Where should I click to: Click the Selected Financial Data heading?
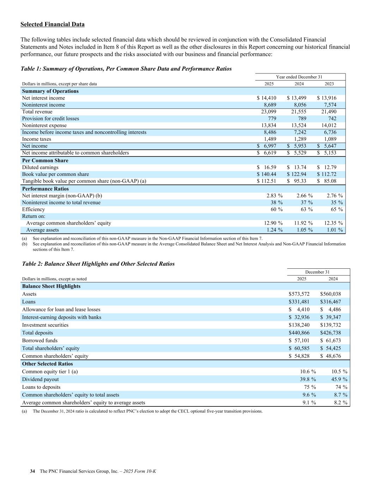coord(52,24)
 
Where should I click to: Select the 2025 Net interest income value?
coord(267,98)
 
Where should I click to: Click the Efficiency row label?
coord(33,209)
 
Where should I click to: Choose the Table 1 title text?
coord(126,69)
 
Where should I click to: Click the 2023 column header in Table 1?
coord(329,84)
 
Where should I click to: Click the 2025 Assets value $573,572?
coord(299,294)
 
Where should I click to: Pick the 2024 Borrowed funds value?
coord(331,341)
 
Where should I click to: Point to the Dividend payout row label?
coord(40,380)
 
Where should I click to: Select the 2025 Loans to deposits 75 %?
coord(307,387)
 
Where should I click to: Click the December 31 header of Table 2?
coord(317,272)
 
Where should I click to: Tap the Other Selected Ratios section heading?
coord(47,364)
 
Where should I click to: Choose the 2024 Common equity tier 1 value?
coord(339,372)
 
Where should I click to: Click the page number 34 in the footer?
coord(32,471)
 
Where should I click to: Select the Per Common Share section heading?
coord(45,161)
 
